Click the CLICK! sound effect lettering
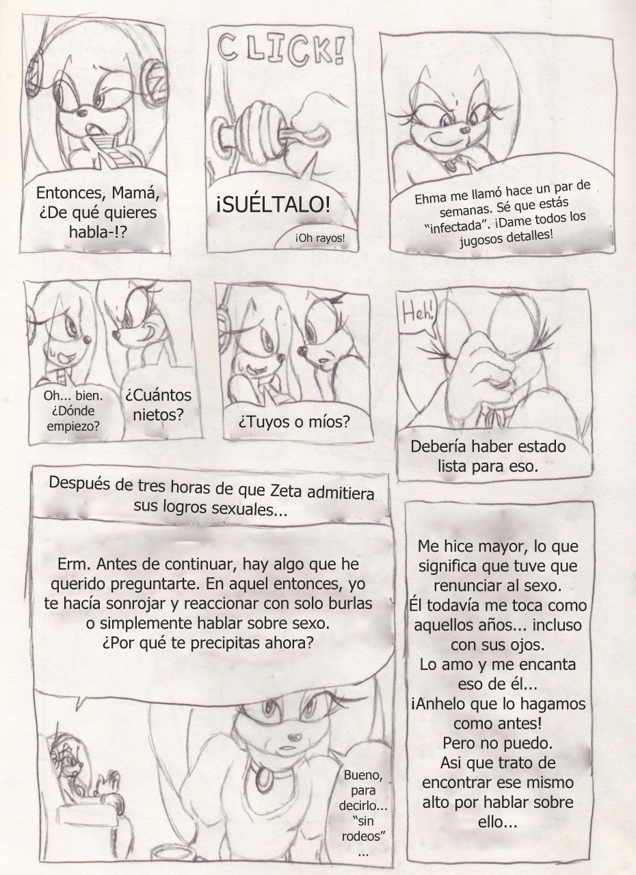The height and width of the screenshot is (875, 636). click(281, 50)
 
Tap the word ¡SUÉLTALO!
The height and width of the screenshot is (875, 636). click(273, 204)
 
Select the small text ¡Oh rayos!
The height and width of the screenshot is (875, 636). click(320, 238)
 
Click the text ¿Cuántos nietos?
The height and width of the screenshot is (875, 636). click(158, 405)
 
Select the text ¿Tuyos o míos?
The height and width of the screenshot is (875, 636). click(294, 422)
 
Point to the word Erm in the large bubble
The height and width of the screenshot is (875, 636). click(70, 564)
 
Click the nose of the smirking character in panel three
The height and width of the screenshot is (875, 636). click(466, 130)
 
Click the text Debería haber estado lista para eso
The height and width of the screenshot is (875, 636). click(488, 456)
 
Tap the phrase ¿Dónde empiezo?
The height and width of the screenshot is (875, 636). click(73, 418)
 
